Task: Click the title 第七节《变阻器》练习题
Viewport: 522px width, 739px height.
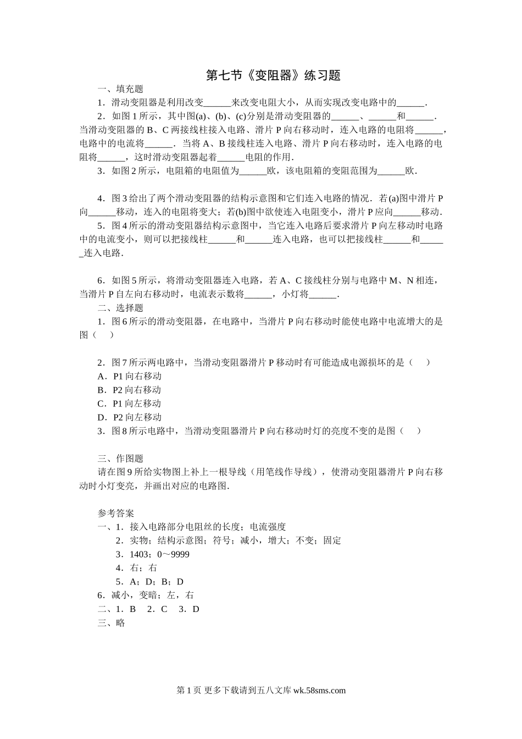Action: coord(273,75)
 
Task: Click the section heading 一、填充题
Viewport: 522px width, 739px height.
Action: coord(120,89)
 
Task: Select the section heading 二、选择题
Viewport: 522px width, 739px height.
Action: coord(120,308)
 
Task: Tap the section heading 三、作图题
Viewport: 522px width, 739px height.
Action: coord(120,459)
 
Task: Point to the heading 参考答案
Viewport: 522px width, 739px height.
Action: coord(116,513)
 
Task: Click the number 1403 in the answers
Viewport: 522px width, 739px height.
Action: coord(140,554)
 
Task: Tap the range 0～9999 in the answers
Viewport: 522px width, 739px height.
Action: coord(173,554)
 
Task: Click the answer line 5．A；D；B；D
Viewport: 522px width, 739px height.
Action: coord(149,582)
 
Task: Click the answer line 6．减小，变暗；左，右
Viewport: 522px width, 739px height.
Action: coord(146,595)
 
